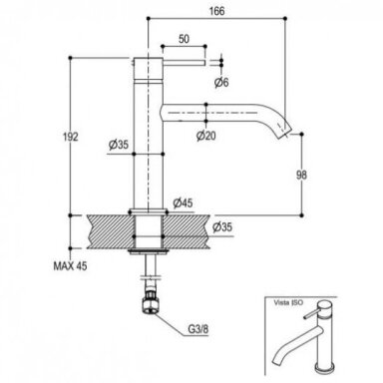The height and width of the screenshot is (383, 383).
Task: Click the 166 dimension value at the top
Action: pos(216,11)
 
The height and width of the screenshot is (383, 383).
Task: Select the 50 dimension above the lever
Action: pos(184,39)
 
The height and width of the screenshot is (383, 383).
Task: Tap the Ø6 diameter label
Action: pos(221,82)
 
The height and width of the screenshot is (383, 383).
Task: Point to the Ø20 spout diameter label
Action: pos(205,136)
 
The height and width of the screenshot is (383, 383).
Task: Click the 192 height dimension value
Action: pos(71,137)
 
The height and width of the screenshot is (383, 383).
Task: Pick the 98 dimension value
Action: pos(301,175)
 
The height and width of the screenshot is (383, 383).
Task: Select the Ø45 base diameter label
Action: pos(183,202)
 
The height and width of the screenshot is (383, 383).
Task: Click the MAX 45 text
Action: pos(70,266)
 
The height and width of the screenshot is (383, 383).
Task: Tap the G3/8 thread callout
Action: pos(198,329)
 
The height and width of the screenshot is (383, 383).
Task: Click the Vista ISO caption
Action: pos(288,303)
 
